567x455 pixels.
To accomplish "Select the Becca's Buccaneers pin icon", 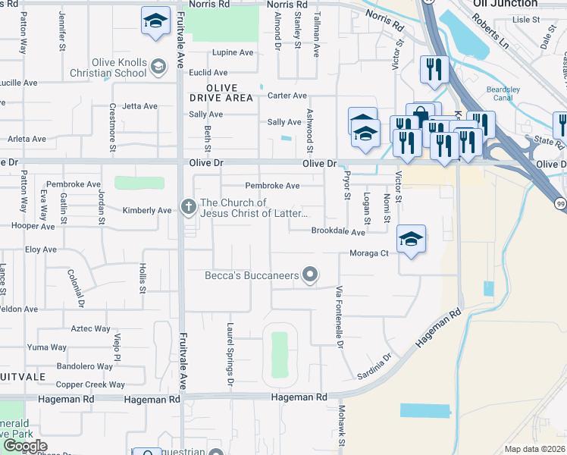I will coord(309,275).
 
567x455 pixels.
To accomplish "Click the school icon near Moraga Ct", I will coord(411,240).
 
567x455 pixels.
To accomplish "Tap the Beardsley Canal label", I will coord(503,93).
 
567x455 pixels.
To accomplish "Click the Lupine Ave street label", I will coord(233,53).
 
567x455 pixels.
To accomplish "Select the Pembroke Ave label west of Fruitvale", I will coord(73,184).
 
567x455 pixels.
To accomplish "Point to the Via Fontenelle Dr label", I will coord(340,317).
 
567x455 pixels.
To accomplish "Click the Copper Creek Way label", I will coord(90,384).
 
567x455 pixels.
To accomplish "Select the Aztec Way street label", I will coord(90,328).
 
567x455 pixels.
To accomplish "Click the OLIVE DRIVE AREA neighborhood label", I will coord(222,93).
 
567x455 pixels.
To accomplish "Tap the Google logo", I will coord(25,446).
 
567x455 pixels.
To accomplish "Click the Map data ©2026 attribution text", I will coord(534,449).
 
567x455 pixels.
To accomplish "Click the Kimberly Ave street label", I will coord(147,210).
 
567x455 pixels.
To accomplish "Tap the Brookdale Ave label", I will coord(338,232).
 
